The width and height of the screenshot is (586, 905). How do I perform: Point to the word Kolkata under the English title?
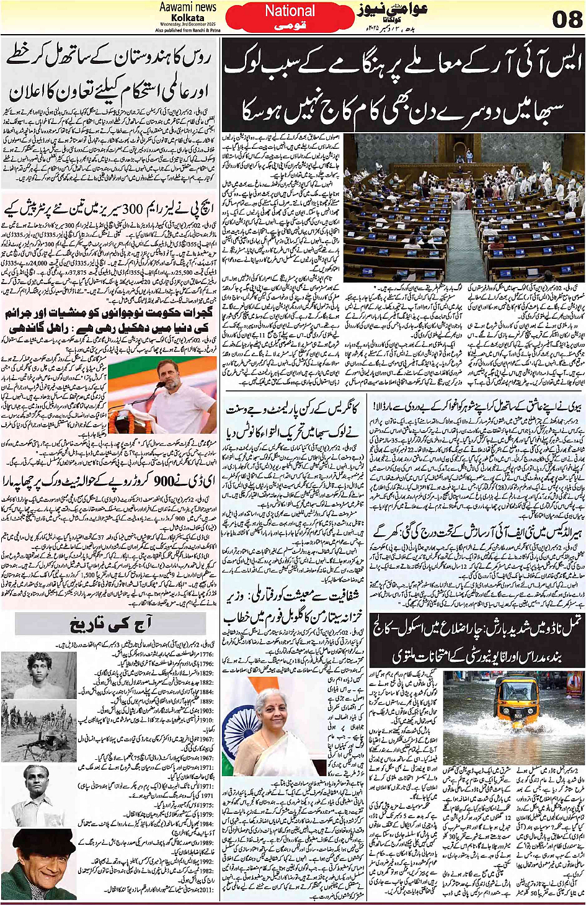(187, 18)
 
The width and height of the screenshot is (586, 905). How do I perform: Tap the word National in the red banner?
(290, 11)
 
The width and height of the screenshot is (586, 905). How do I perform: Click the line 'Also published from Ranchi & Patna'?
(187, 30)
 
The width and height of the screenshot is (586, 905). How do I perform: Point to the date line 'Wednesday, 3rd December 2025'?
(187, 24)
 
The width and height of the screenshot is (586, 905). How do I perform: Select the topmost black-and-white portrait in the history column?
(38, 674)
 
